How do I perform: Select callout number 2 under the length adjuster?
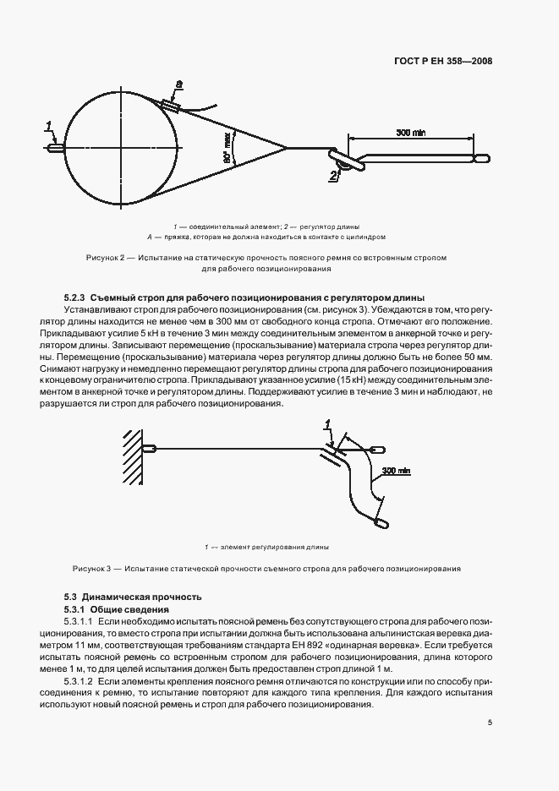(335, 176)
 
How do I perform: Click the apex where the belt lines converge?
(286, 149)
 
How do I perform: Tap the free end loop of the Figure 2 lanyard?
(481, 157)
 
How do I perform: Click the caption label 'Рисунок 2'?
(106, 257)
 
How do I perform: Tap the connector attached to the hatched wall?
(149, 449)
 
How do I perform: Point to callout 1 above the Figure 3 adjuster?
(327, 425)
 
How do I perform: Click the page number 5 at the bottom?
(490, 723)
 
